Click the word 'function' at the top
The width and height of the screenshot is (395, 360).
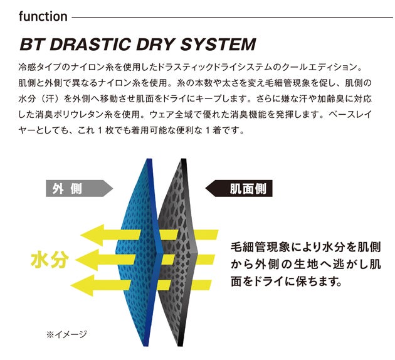[x=43, y=17]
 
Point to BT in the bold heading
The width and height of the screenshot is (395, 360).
[x=33, y=45]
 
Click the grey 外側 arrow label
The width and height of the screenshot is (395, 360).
[x=79, y=188]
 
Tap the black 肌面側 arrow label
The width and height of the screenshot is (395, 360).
[x=239, y=188]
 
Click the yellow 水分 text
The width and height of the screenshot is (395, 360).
[x=50, y=260]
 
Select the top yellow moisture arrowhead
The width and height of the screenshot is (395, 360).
[x=92, y=235]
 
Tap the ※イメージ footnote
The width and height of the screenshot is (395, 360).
[x=66, y=334]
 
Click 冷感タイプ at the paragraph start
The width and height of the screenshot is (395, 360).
[x=40, y=67]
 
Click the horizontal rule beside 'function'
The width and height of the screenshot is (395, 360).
[x=232, y=18]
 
